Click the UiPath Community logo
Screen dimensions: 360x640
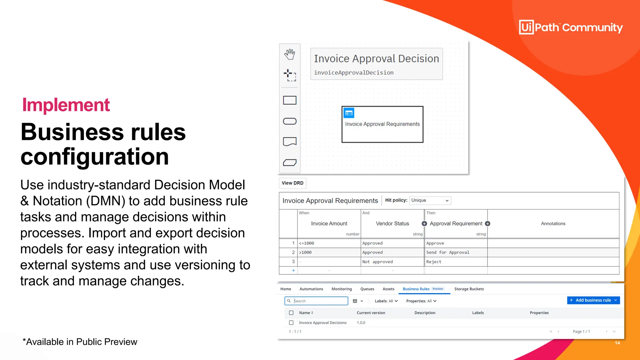571,27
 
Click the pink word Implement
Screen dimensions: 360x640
66,105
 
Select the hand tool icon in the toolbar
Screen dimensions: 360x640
290,54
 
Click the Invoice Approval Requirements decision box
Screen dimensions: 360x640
382,124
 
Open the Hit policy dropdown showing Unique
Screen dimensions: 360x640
430,200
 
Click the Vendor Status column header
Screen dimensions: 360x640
392,224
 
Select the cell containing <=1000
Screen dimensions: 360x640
329,243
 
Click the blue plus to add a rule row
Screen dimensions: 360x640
293,271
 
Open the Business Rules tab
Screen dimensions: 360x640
416,289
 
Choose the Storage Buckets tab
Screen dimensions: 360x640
469,289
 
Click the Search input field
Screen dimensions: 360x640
320,301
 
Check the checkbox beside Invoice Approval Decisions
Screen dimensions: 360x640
291,323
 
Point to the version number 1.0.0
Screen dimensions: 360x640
361,323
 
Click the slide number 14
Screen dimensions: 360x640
617,343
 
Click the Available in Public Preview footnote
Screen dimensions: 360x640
80,342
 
